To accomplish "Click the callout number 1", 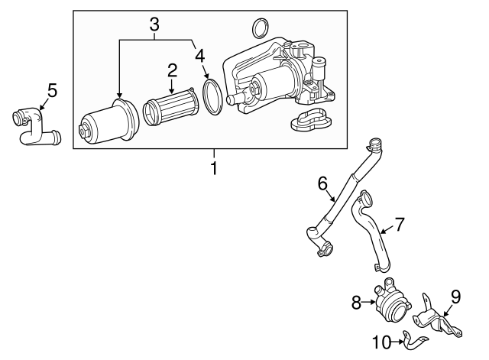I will pyautogui.click(x=214, y=167).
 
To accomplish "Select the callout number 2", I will pyautogui.click(x=173, y=70).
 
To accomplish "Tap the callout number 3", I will pyautogui.click(x=154, y=24).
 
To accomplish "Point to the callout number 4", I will pyautogui.click(x=199, y=55).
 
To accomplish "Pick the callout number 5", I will pyautogui.click(x=52, y=90).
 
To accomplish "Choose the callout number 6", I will pyautogui.click(x=322, y=183).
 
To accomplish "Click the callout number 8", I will pyautogui.click(x=356, y=303).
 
